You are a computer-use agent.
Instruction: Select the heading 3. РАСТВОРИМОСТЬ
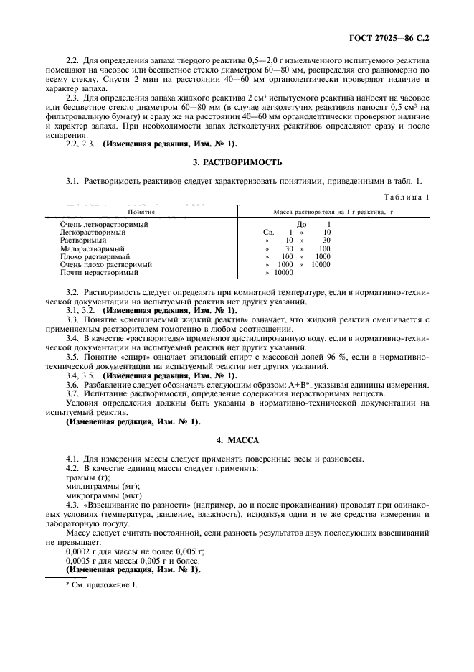pyautogui.click(x=237, y=163)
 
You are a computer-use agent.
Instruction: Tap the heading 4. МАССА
pyautogui.click(x=237, y=439)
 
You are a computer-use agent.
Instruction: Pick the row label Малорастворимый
pyautogui.click(x=93, y=248)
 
